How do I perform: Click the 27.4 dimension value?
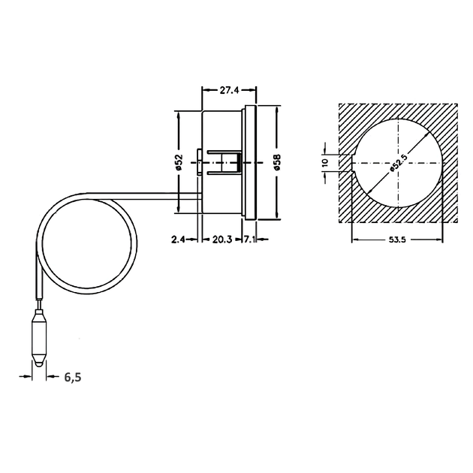coord(229,90)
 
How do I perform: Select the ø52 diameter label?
coord(179,162)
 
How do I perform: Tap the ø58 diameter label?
coord(277,162)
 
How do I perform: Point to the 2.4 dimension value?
coord(178,240)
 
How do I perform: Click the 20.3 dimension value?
coord(222,240)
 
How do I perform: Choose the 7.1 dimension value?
coord(250,240)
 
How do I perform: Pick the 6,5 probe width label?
coord(73,377)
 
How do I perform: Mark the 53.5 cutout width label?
coord(397,240)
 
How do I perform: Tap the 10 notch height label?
coord(325,162)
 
